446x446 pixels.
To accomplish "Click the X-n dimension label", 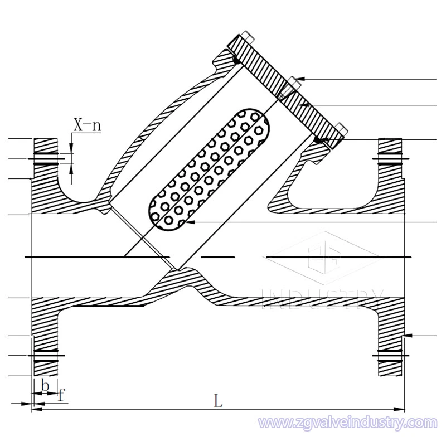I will tap(87, 125).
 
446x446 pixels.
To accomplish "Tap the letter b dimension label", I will tap(45, 385).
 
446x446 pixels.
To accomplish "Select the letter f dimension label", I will tap(61, 395).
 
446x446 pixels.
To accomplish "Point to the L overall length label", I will tap(219, 400).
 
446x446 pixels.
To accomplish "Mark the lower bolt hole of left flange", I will tap(45, 355).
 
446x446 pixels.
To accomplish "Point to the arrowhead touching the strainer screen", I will tap(188, 222).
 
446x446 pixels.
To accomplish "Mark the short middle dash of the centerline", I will tap(217, 257).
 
